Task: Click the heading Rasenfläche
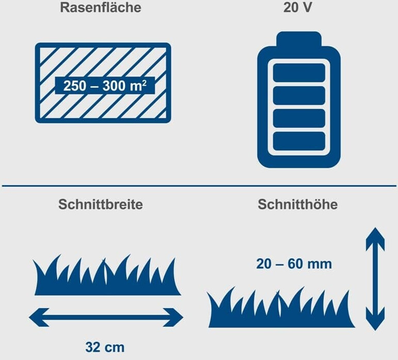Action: tap(101, 8)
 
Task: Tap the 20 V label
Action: tap(297, 7)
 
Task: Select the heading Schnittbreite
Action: tap(101, 204)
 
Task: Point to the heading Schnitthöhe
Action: tap(298, 204)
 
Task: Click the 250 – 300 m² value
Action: tap(105, 85)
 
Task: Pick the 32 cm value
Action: tap(105, 347)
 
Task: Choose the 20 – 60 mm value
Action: tap(294, 264)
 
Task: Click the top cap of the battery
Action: tap(299, 39)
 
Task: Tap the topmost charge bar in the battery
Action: tap(299, 73)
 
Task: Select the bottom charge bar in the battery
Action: tap(299, 141)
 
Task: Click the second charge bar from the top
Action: tap(299, 95)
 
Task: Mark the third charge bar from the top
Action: tap(299, 118)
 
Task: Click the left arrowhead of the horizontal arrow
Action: tap(39, 317)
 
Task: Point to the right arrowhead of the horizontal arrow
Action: tap(173, 317)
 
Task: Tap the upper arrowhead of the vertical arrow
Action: tap(375, 239)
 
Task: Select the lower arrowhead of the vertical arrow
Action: tap(375, 319)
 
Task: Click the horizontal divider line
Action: tap(199, 186)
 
